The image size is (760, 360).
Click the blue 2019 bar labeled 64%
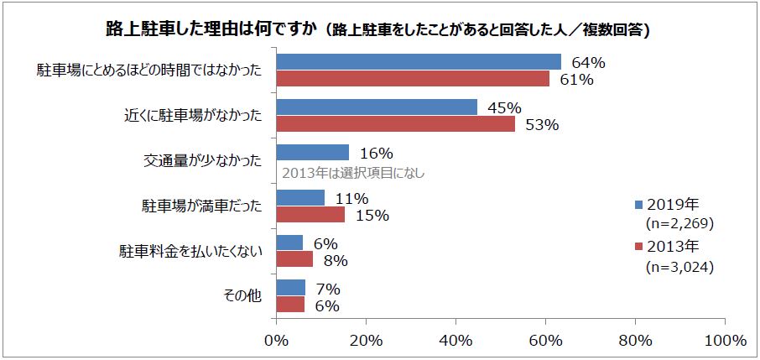[x=418, y=61]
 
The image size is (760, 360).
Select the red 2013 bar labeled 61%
[x=412, y=78]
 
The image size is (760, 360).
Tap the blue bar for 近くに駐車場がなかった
[x=376, y=107]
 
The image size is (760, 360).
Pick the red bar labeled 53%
[x=394, y=123]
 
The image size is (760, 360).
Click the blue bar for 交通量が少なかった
[x=312, y=152]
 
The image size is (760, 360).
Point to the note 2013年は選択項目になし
[x=353, y=175]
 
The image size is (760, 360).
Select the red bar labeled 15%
[x=310, y=214]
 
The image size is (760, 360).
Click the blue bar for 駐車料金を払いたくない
[x=289, y=243]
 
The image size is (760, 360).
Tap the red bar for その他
[x=289, y=305]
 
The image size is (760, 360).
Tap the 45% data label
[x=504, y=107]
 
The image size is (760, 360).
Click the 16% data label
[x=376, y=153]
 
